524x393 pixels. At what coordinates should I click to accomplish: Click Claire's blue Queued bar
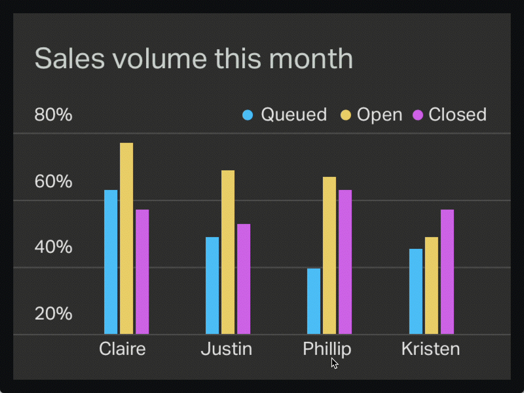click(x=111, y=262)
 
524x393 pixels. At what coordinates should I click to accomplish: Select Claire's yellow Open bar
click(x=126, y=238)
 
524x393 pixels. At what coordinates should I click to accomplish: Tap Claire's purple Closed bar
click(x=142, y=272)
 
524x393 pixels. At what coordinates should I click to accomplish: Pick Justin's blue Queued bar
click(x=212, y=286)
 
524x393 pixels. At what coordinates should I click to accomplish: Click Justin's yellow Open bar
click(x=228, y=252)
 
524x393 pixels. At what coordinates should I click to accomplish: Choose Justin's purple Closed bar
click(x=244, y=279)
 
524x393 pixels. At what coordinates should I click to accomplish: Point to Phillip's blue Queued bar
click(x=314, y=301)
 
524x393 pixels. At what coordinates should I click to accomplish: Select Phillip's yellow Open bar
click(x=329, y=255)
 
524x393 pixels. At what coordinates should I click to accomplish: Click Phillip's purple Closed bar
click(x=345, y=262)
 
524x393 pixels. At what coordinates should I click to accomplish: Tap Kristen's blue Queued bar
click(x=416, y=291)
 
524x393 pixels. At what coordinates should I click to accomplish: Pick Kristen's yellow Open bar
click(x=432, y=286)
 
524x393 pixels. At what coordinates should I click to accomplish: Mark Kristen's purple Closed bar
click(x=447, y=272)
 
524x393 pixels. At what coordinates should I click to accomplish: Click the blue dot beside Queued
click(x=248, y=115)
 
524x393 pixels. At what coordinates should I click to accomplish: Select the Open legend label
click(x=379, y=115)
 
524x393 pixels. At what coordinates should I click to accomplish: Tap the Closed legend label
click(x=457, y=115)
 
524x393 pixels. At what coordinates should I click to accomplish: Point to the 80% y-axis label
click(x=53, y=115)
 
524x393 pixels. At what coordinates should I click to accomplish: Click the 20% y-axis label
click(x=53, y=314)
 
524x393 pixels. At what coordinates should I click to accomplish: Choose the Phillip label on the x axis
click(x=327, y=348)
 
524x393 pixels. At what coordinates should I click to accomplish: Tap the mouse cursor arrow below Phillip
click(x=334, y=363)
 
